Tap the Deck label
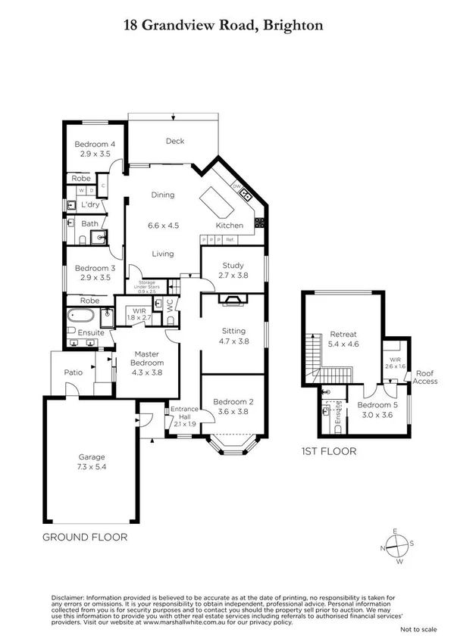174,141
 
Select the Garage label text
91,457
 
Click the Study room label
232,265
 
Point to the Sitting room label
233,331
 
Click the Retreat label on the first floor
343,334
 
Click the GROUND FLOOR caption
84,537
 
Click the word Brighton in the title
294,25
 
